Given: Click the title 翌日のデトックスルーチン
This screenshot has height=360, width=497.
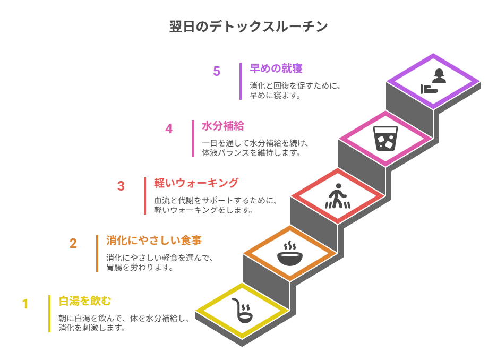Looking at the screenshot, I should (248, 27).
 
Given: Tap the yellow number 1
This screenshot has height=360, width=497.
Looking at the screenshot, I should (25, 304).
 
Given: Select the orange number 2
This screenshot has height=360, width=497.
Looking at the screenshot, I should (73, 244).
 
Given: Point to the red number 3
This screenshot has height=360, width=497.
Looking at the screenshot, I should (121, 186).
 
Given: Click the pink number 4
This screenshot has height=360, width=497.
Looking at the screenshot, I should (169, 129).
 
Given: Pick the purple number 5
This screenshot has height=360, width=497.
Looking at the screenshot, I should (217, 72).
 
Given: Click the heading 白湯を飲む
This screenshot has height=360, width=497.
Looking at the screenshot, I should (85, 302).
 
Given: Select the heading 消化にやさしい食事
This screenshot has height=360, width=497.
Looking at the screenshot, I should (154, 241).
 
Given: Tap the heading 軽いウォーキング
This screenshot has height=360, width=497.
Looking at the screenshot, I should (196, 183).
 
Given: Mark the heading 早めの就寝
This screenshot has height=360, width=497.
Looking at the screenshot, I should (276, 68).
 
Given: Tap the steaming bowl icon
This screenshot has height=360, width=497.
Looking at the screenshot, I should (290, 254).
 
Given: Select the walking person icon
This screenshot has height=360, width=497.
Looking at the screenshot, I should (338, 196).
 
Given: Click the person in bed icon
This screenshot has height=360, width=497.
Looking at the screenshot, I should (434, 81).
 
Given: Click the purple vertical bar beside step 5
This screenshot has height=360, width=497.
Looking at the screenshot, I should (241, 81).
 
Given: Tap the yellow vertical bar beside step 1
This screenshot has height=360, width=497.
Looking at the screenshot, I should (49, 314).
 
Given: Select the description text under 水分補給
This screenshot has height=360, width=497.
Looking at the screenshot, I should (255, 148).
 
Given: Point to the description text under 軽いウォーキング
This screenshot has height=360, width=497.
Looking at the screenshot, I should (215, 205).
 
